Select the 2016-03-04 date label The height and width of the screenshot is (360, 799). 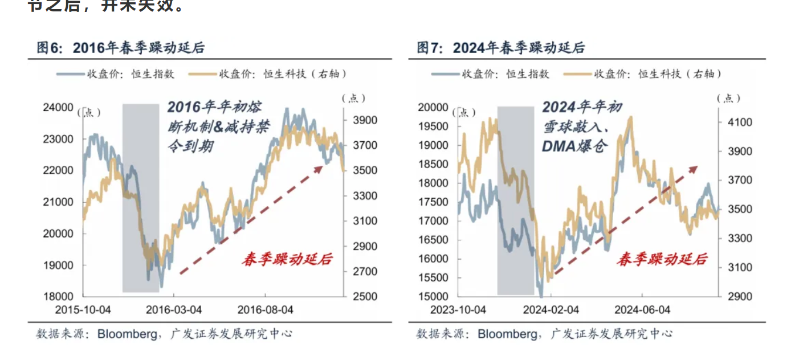pyautogui.click(x=173, y=310)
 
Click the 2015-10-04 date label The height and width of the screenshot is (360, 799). pyautogui.click(x=83, y=310)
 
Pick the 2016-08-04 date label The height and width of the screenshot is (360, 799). pyautogui.click(x=266, y=310)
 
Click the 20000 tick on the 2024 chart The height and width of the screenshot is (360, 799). pyautogui.click(x=433, y=107)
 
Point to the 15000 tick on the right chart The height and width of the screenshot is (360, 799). pyautogui.click(x=433, y=296)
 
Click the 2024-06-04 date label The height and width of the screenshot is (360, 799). pyautogui.click(x=642, y=310)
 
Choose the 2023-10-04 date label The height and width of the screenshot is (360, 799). pyautogui.click(x=458, y=310)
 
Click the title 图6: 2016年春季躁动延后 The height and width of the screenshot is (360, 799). pyautogui.click(x=120, y=48)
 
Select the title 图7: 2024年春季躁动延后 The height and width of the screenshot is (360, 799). pyautogui.click(x=500, y=48)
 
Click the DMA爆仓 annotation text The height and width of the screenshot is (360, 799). pyautogui.click(x=574, y=145)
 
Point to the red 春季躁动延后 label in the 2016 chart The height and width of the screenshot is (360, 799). pyautogui.click(x=287, y=260)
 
